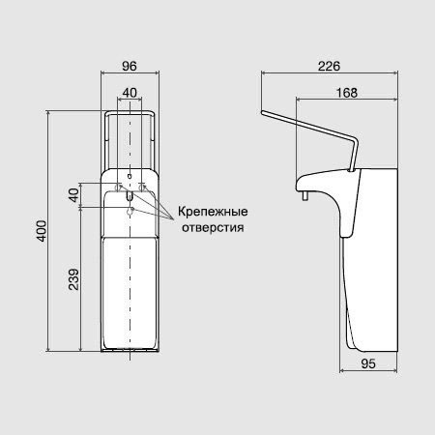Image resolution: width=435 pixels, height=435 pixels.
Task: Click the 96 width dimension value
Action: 130,66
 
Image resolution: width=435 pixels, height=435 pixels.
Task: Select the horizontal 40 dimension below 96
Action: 130,93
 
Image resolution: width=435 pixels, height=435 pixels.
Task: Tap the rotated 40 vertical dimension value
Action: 73,195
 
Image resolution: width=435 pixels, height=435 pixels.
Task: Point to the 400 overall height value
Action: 42,231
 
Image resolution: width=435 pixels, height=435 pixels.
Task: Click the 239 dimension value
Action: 73,279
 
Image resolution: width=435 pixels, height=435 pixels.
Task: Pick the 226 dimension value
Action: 329,66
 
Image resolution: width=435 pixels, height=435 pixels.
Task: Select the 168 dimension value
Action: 347,93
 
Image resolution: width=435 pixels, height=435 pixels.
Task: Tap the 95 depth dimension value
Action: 368,363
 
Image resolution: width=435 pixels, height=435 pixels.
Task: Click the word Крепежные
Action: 213,212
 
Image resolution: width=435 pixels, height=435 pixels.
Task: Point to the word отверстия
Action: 213,227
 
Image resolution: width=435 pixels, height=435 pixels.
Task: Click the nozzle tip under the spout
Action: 304,196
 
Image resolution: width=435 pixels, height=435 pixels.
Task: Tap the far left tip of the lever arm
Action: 262,112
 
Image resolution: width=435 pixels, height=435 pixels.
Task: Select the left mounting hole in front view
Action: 118,188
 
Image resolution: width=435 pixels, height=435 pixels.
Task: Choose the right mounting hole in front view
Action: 141,188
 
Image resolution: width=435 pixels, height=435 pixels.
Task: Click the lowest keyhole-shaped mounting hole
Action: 130,212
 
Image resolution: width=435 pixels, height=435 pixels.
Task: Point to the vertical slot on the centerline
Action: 130,195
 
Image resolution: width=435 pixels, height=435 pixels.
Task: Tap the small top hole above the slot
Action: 130,176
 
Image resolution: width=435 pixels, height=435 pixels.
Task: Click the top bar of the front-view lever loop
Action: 130,112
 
